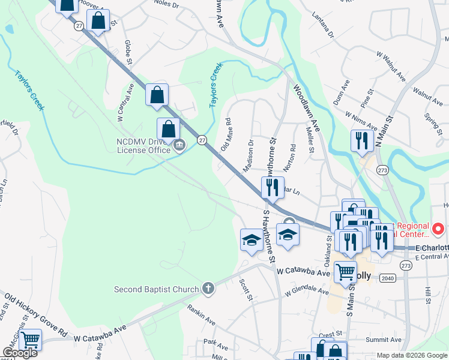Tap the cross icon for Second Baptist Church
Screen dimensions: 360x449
click(208, 289)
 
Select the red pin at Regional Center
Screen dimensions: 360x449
click(438, 229)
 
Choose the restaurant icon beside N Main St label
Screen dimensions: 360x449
click(362, 141)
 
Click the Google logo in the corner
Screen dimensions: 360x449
click(20, 353)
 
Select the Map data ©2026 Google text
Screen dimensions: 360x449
click(411, 355)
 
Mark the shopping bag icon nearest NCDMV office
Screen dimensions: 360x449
click(169, 128)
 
